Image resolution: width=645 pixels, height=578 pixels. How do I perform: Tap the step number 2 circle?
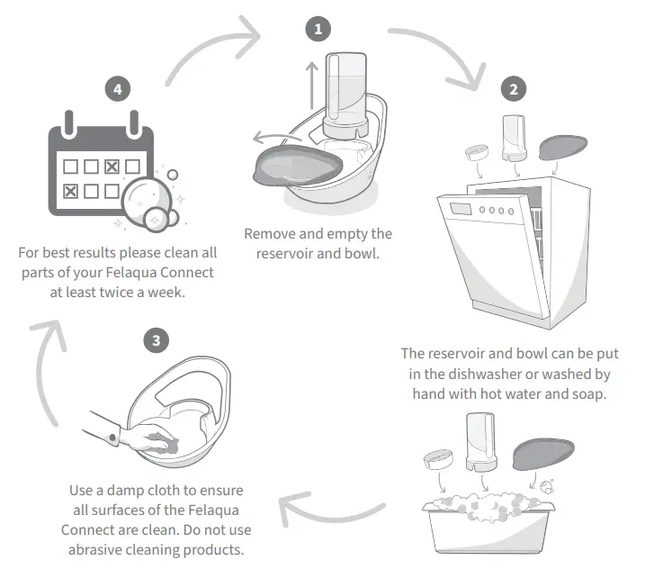point(514,90)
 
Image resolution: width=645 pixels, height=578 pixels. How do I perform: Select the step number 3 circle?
point(157,340)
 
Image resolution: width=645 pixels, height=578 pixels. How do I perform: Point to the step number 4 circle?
point(116,89)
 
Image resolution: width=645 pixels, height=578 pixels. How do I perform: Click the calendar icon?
point(101,176)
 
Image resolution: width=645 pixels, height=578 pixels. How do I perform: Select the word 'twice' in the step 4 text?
point(130,292)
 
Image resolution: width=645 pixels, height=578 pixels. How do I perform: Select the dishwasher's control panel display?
point(461,209)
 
